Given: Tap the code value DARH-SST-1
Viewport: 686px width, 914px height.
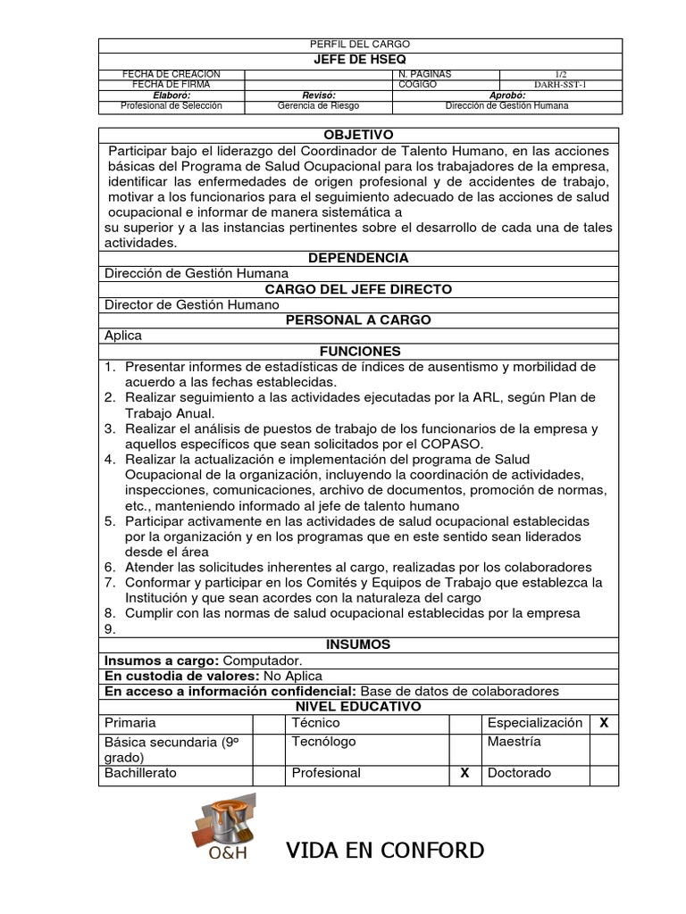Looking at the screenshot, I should (x=561, y=85).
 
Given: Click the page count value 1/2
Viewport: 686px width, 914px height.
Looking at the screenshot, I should (x=561, y=73).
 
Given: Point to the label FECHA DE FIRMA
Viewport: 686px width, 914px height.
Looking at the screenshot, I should (x=170, y=85).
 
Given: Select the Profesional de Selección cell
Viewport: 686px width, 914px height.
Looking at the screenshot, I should (x=171, y=106).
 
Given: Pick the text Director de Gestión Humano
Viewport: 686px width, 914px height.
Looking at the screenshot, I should (x=192, y=305).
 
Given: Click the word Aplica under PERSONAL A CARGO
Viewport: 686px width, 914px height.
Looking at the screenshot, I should (x=123, y=336).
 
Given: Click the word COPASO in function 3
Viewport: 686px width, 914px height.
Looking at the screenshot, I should (x=455, y=444).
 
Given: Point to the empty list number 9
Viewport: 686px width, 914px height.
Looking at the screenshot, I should (x=110, y=628).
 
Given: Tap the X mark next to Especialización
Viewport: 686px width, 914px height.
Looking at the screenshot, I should (x=604, y=723).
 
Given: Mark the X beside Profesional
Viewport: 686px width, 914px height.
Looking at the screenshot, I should (x=464, y=773).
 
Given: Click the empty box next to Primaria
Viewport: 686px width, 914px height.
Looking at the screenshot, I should (x=269, y=723).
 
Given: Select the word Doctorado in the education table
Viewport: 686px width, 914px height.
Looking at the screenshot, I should (x=520, y=773).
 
